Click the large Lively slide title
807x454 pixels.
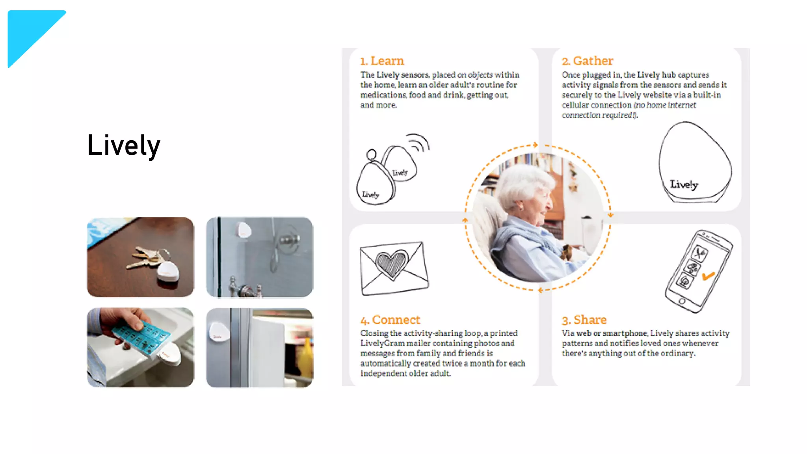[x=124, y=145]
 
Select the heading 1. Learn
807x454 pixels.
[x=382, y=61]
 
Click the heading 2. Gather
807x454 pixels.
[x=588, y=61]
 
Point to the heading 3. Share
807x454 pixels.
[x=584, y=320]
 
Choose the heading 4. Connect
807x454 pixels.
[x=390, y=320]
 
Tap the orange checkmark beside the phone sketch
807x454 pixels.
[x=708, y=275]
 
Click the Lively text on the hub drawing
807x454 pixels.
[x=684, y=184]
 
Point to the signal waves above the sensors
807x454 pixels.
[x=418, y=143]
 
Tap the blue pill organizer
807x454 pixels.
[x=142, y=337]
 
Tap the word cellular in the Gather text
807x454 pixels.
[x=575, y=105]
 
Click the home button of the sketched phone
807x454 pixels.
[x=682, y=301]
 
